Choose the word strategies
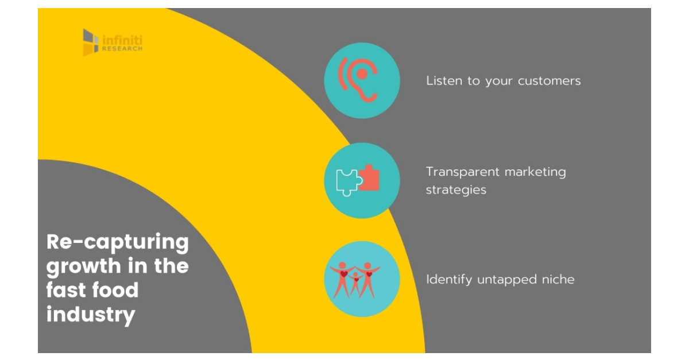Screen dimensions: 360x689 point(456,190)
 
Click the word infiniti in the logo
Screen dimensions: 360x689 point(122,40)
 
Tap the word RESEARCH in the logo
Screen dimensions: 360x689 point(122,49)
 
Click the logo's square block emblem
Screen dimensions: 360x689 point(91,42)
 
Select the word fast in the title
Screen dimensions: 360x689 point(65,290)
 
